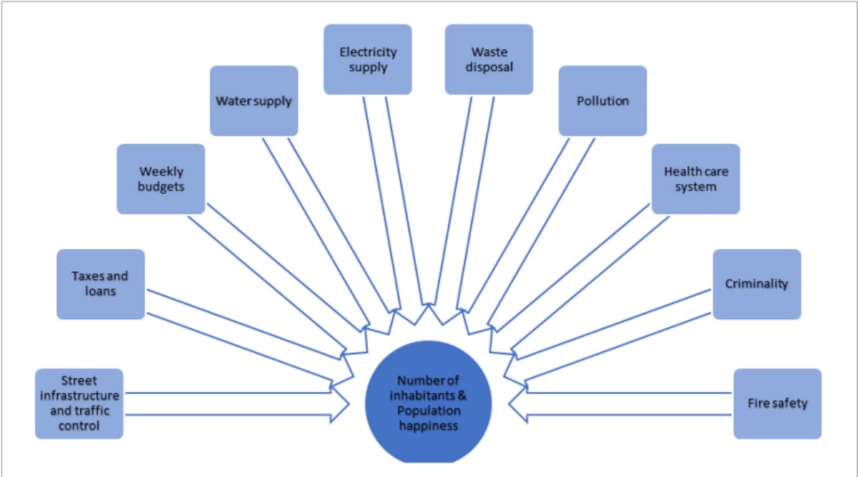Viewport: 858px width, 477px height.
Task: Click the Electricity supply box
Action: [368, 59]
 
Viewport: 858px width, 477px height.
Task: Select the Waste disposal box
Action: [489, 59]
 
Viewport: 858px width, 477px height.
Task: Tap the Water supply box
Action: [254, 101]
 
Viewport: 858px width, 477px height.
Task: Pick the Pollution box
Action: [603, 101]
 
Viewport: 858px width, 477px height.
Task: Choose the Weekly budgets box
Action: [161, 179]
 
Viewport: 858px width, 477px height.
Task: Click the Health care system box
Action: [696, 179]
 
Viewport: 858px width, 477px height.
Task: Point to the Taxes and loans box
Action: [101, 285]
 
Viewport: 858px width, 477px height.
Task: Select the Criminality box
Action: [757, 285]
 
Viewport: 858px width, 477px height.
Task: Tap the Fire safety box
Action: [778, 404]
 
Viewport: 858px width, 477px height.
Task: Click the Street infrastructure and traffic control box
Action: [79, 404]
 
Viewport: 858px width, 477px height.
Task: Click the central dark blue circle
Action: [428, 403]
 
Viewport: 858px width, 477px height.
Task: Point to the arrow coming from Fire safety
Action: [621, 404]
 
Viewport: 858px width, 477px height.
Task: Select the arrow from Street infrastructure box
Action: [237, 404]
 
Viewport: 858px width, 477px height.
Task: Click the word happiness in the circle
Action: [428, 426]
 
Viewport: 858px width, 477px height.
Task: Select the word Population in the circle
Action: [428, 410]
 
